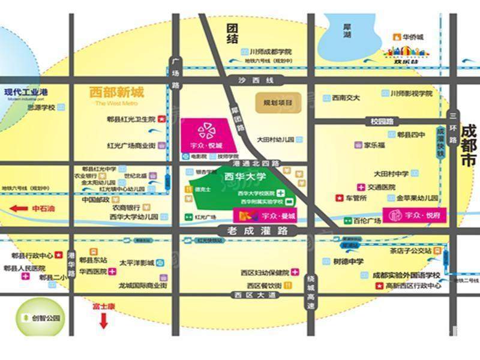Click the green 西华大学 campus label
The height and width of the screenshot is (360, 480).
pos(244,177)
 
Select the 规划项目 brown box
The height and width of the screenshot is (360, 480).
pos(277,103)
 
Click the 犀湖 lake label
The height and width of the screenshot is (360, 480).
pos(346,31)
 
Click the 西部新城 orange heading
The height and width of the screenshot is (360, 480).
pos(116,93)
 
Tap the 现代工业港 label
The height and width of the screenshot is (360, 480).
pos(26,92)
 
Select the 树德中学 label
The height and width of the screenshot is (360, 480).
pos(348,262)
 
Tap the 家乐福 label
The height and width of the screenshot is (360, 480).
pos(374,145)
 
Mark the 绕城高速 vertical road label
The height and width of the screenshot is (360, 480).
pos(310,293)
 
